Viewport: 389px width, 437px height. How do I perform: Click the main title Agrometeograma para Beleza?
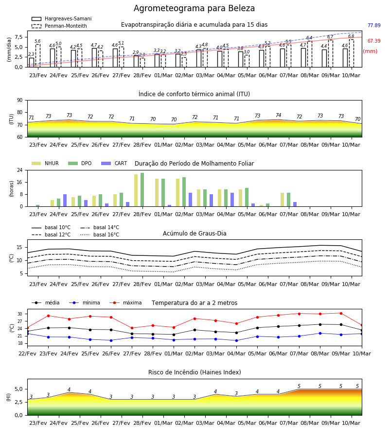coord(194,8)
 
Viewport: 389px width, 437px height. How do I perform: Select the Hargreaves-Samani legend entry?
coord(62,18)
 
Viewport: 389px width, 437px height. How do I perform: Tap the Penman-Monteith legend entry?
coord(59,26)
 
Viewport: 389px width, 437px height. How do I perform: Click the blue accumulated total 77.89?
coord(374,25)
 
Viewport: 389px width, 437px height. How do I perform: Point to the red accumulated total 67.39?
coord(374,41)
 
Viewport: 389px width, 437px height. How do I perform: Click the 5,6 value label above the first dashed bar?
coord(37,41)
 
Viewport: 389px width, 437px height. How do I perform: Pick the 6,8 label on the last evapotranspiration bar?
coord(351,36)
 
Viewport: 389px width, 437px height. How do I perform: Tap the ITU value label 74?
coord(278,115)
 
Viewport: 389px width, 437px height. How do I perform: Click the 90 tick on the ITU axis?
coord(20,101)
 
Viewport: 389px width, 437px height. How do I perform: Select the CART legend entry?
coord(114,163)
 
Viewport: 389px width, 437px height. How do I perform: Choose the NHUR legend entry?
coord(45,163)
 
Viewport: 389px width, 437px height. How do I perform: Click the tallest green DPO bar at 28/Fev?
coord(142,190)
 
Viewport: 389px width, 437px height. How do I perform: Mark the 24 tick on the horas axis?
coord(20,170)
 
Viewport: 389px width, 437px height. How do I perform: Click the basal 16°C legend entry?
coord(100,235)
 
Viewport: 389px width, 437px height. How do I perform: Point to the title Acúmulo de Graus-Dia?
coord(194,234)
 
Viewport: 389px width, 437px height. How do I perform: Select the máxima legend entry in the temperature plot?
coord(125,303)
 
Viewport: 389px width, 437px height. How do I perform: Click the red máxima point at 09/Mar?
coord(341,314)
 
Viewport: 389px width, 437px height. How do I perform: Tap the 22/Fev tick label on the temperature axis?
coord(27,353)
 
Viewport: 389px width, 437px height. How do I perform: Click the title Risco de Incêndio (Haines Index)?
coord(194,372)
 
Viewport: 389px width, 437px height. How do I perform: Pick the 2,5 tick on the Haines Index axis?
coord(18,402)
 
